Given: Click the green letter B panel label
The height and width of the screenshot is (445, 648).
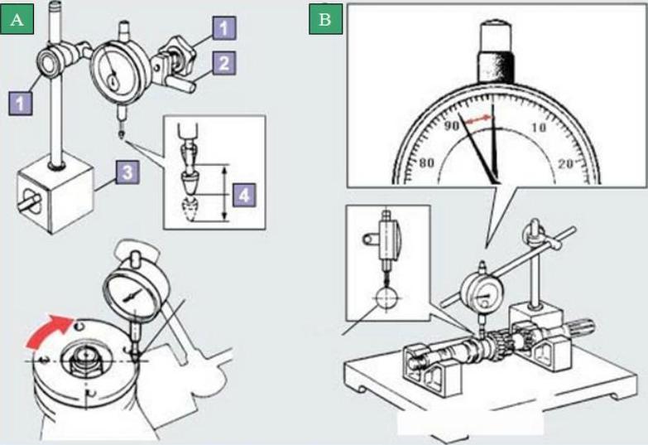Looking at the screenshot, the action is click(325, 20).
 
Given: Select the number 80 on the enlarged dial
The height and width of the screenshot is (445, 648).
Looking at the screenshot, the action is click(427, 163).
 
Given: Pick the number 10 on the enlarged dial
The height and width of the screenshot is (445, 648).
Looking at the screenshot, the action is click(538, 128).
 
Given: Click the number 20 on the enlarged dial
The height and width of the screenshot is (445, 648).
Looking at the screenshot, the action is click(566, 164).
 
